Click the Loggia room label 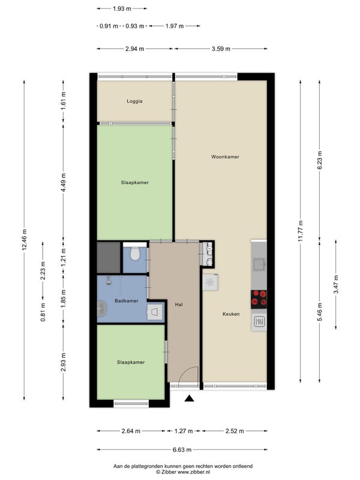(134, 101)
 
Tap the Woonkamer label (225, 157)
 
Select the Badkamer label (127, 301)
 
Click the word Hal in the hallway (179, 305)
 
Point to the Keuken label (231, 314)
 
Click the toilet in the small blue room (134, 253)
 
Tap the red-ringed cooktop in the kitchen (259, 299)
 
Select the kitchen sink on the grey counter (259, 264)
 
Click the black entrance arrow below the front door (190, 398)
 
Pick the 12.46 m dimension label (25, 239)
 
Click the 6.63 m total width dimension (182, 449)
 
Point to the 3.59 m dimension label (221, 49)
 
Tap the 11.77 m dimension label (301, 231)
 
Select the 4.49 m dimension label (64, 182)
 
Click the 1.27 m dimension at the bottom (184, 431)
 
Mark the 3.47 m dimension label (336, 284)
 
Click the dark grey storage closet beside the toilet (109, 257)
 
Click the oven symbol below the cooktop (259, 322)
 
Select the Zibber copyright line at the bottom (183, 472)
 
